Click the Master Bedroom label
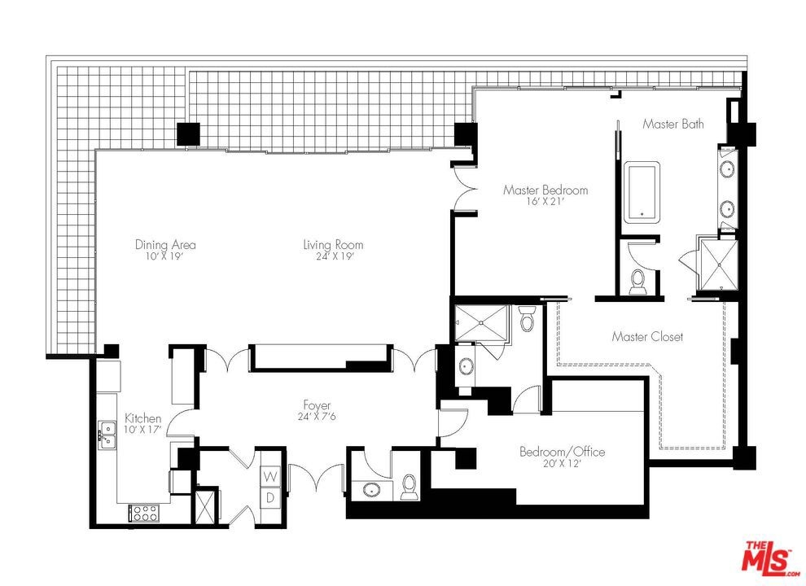pos(545,190)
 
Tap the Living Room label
pos(333,245)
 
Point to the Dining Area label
pos(165,245)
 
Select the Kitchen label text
pos(143,418)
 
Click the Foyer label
pos(317,406)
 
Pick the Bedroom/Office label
pos(563,452)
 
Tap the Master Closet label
pos(648,337)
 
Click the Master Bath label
pos(673,124)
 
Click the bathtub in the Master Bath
pos(642,192)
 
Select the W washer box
pos(270,476)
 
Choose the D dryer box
pos(270,497)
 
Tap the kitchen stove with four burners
pos(145,513)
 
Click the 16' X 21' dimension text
pos(545,202)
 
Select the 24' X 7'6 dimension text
pos(317,417)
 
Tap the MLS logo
pos(769,558)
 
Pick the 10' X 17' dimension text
pos(143,429)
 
